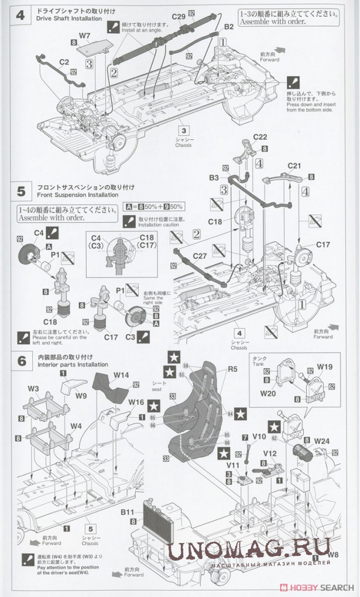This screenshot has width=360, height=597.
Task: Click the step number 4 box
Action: (20, 15)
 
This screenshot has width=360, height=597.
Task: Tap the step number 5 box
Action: (21, 191)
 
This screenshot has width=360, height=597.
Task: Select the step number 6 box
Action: (21, 361)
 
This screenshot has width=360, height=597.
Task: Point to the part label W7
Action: (84, 36)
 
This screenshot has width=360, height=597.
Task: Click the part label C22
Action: (260, 137)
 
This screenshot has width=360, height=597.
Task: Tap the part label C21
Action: (294, 166)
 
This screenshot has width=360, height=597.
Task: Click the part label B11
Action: (128, 512)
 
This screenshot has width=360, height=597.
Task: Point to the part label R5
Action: (232, 369)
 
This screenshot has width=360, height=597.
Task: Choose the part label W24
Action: (321, 440)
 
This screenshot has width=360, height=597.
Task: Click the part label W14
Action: (121, 375)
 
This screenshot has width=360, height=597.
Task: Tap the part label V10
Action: (260, 436)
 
